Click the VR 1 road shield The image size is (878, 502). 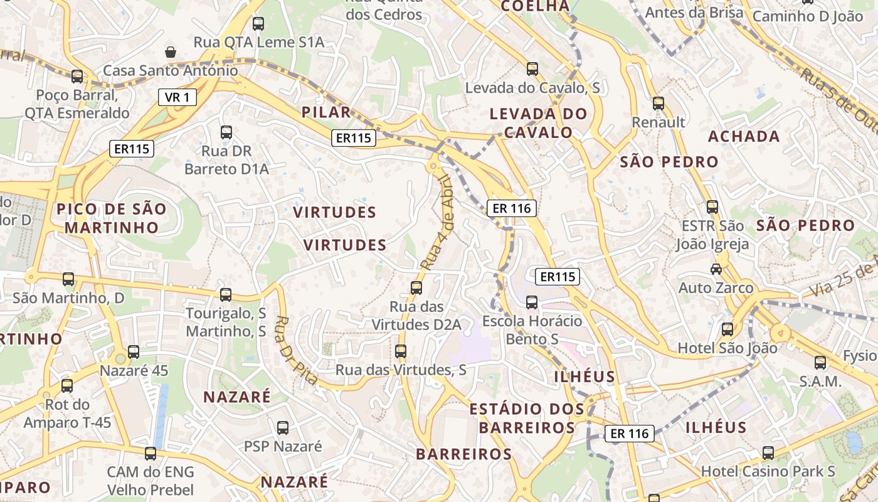[x=177, y=97]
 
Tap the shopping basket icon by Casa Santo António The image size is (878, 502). [x=170, y=51]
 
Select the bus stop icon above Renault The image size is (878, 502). [x=658, y=103]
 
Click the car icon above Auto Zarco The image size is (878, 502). [x=716, y=269]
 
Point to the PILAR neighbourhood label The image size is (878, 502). [x=326, y=112]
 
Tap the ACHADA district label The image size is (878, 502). [x=744, y=136]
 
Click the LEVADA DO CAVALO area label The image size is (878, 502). [x=538, y=123]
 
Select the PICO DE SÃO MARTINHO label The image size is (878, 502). [x=112, y=218]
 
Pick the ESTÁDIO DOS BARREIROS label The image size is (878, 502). [x=527, y=419]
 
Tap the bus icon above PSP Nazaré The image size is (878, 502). [x=283, y=428]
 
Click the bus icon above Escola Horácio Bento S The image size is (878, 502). [x=532, y=302]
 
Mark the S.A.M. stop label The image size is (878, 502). [x=820, y=382]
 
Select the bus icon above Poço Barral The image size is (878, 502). [x=77, y=77]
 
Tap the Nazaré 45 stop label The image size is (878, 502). [x=134, y=371]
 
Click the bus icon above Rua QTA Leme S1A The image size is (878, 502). [x=258, y=24]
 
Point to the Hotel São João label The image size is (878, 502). [x=727, y=348]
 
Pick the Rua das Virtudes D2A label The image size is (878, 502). [x=416, y=316]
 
